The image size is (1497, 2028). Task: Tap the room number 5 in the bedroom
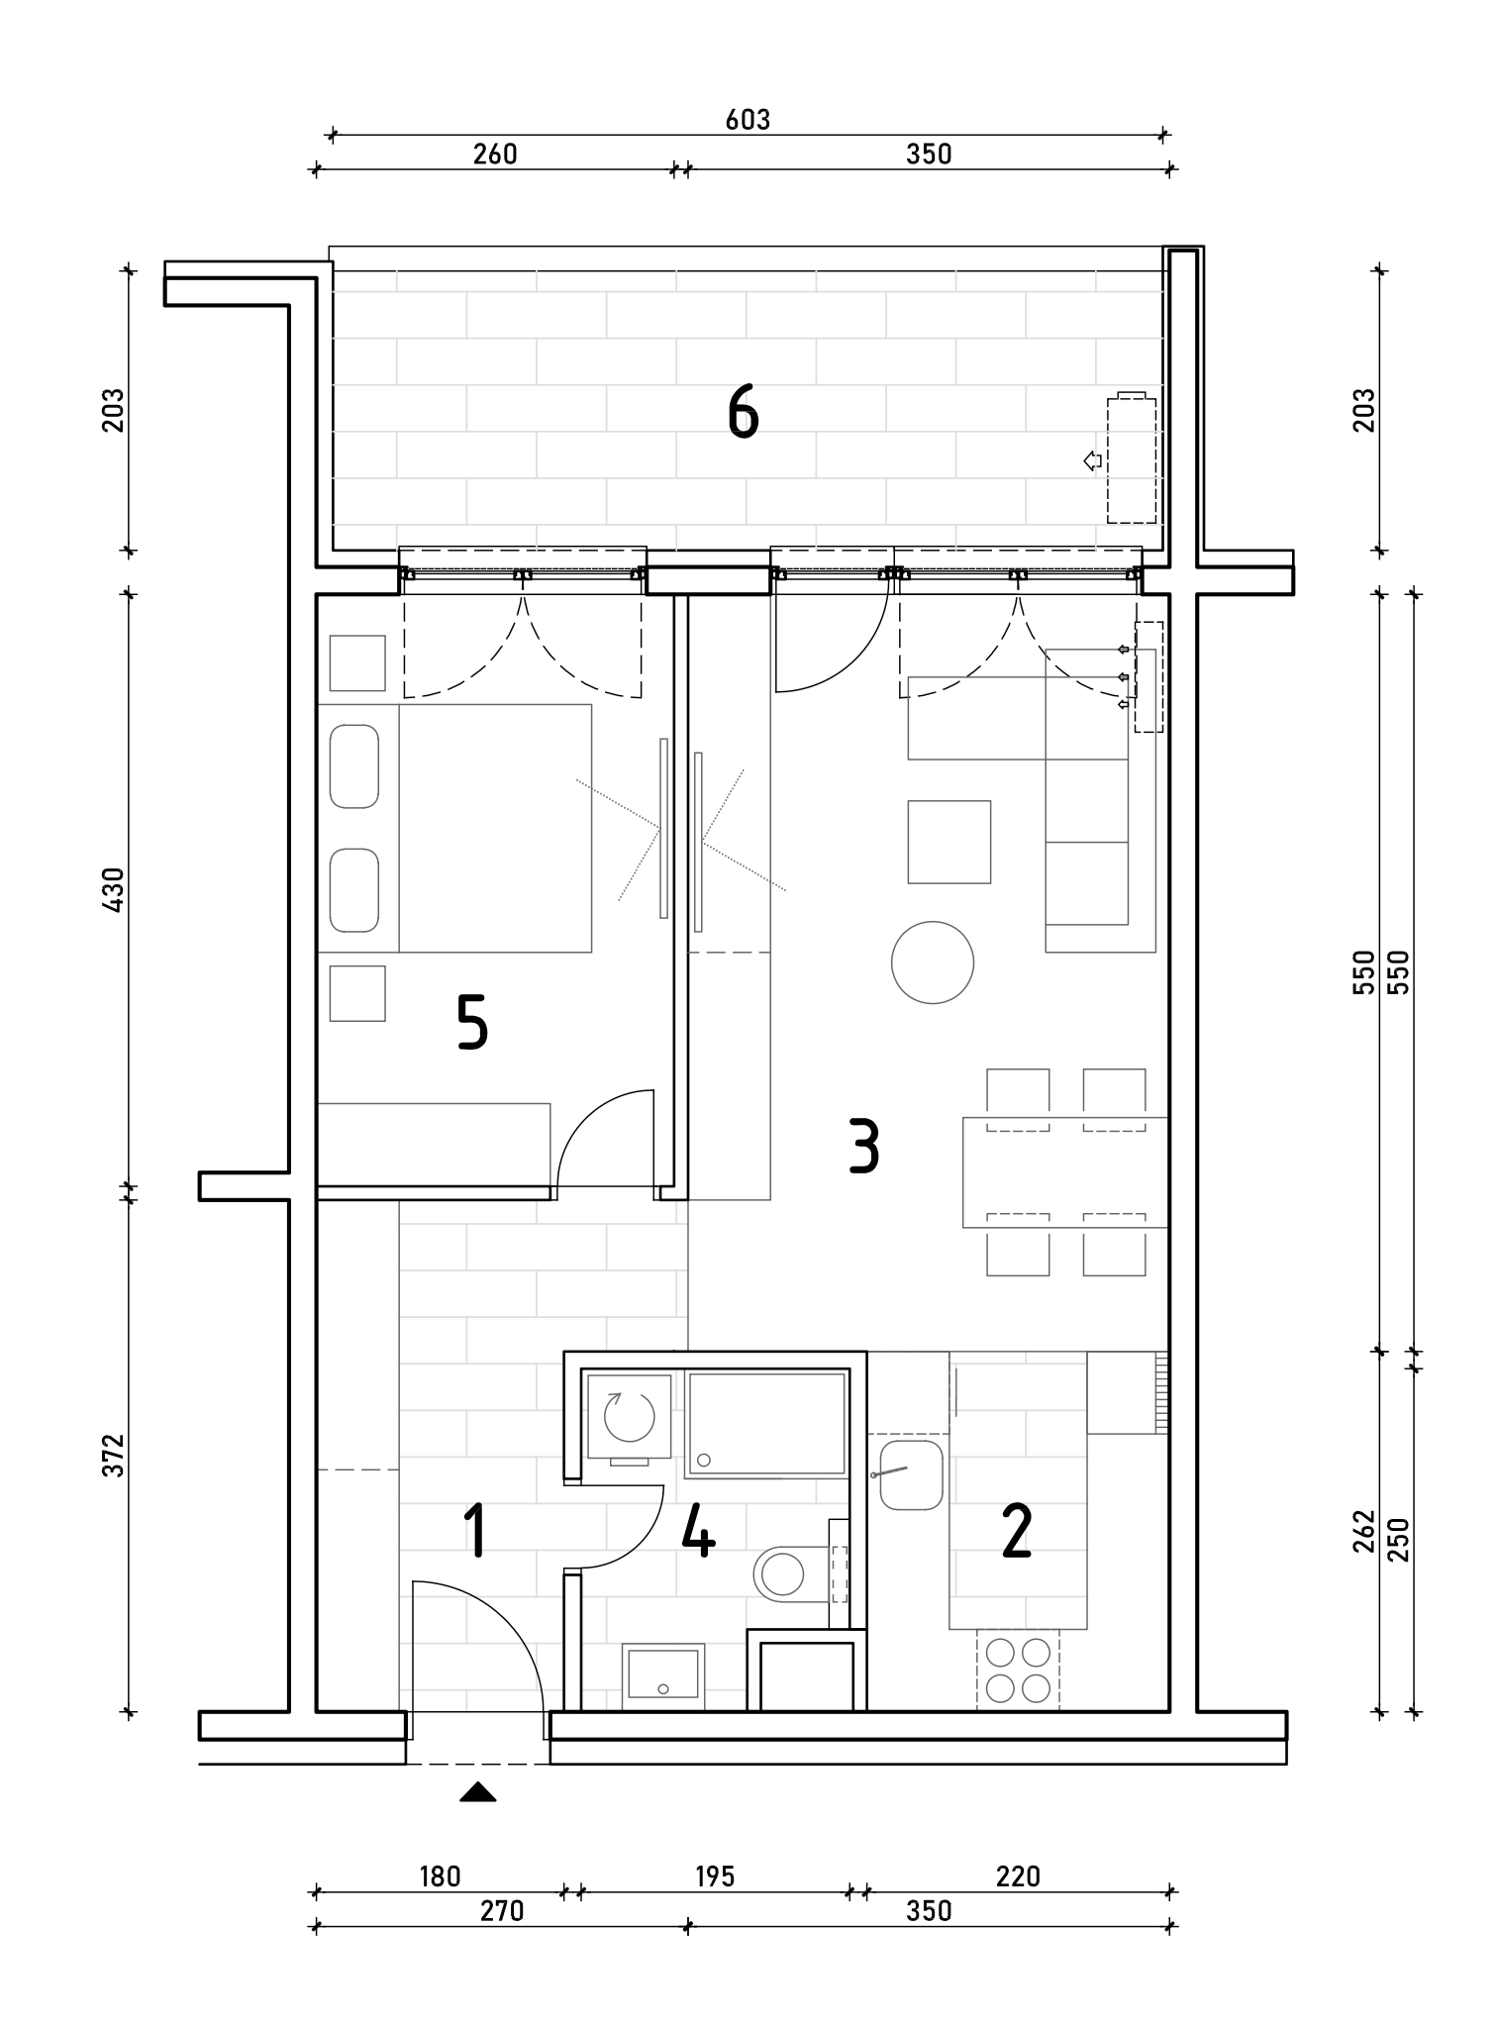[472, 1023]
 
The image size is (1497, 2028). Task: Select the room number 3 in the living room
[864, 1146]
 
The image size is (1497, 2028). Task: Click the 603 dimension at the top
[748, 120]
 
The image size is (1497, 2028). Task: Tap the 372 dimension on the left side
[115, 1455]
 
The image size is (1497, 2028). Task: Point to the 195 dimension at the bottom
[715, 1876]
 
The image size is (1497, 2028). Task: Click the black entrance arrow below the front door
[478, 1791]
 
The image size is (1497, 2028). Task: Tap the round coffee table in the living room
[933, 963]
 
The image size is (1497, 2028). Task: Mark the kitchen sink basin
[911, 1475]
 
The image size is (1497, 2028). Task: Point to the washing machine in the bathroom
[629, 1416]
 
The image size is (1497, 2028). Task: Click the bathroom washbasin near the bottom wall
[663, 1675]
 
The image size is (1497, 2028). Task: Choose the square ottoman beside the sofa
[949, 842]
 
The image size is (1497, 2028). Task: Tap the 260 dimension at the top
[495, 154]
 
